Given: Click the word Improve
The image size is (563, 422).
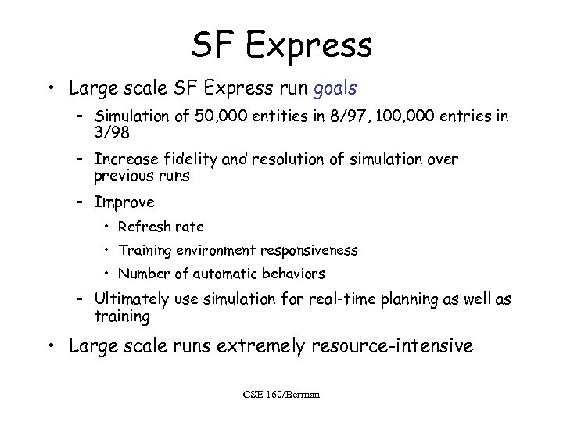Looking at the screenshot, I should pos(124,202).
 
